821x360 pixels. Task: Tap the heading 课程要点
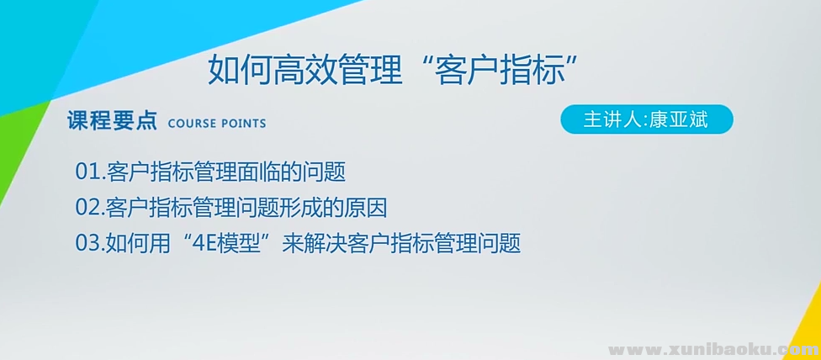(x=112, y=122)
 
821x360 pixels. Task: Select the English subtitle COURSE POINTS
(x=217, y=124)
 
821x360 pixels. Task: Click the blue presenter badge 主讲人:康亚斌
(x=647, y=119)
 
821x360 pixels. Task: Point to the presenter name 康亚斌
(x=679, y=119)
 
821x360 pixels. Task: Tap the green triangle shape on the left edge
(x=21, y=151)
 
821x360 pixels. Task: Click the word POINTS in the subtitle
(x=243, y=124)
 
